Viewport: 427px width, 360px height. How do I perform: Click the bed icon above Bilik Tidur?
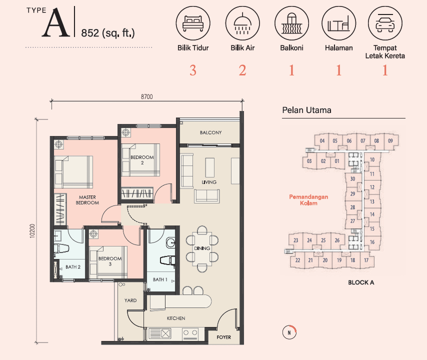(193, 23)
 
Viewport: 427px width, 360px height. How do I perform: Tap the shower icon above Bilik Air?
(242, 23)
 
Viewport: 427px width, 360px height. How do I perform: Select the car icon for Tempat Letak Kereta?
(385, 23)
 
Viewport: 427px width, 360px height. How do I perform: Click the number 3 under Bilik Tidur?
(193, 70)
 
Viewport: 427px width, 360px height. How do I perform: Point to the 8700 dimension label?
(147, 96)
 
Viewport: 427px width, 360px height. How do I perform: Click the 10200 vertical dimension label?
(32, 231)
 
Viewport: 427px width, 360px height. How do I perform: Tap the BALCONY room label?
(211, 132)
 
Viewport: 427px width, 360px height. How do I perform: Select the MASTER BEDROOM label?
(87, 200)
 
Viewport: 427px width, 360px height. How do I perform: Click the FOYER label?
(224, 337)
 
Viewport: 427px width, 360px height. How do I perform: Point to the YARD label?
(130, 300)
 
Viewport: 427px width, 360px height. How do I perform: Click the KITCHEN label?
(176, 318)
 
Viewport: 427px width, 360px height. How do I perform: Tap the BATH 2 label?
(73, 267)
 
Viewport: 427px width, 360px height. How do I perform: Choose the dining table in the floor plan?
(202, 248)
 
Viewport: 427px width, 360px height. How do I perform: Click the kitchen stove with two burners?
(190, 333)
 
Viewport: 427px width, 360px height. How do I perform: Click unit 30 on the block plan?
(352, 179)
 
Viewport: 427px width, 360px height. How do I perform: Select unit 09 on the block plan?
(390, 141)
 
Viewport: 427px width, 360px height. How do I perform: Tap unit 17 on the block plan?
(366, 260)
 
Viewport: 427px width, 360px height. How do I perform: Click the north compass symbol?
(289, 332)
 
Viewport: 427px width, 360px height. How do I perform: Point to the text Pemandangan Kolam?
(308, 200)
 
